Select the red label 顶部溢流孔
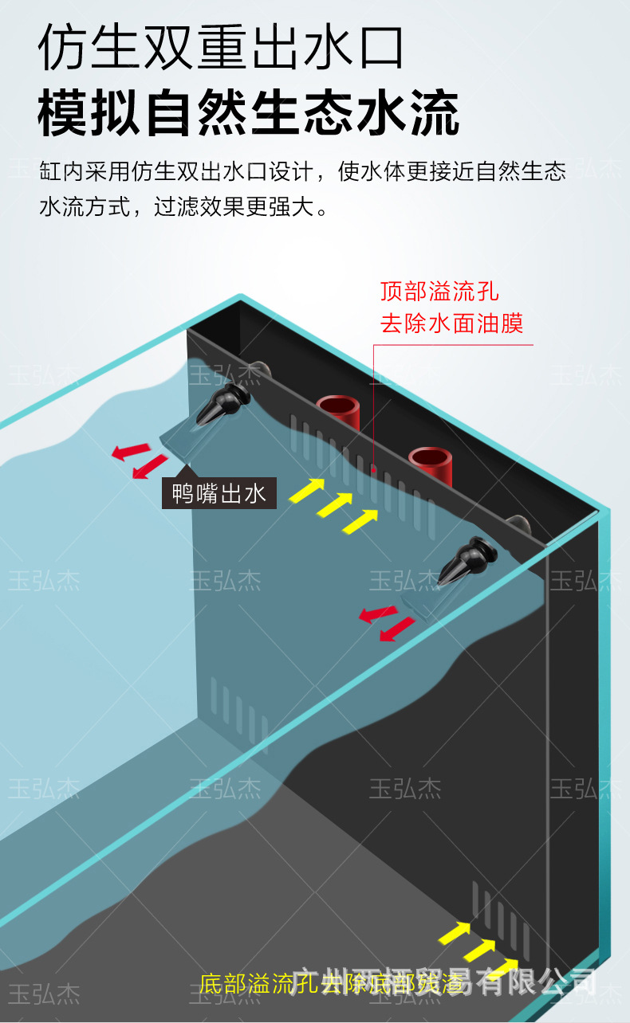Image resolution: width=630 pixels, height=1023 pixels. [439, 291]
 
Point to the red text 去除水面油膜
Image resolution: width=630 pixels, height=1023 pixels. [451, 323]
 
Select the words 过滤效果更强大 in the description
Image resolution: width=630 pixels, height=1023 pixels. [239, 208]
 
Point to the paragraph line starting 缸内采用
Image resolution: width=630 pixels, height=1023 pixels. [302, 172]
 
